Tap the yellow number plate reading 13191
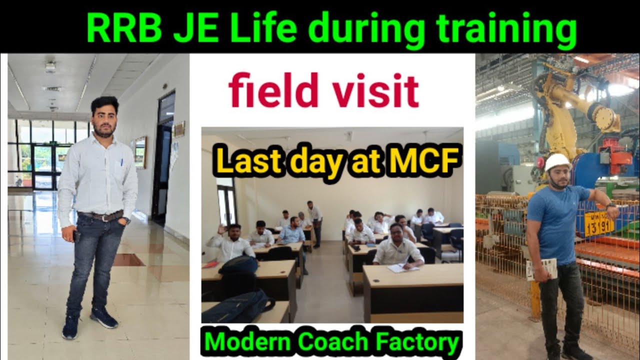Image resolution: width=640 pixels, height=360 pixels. click(599, 223)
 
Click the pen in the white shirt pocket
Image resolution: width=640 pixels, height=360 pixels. click(121, 163)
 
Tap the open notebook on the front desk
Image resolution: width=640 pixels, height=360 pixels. click(402, 268)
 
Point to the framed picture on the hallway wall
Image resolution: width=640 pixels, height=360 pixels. click(140, 152)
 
